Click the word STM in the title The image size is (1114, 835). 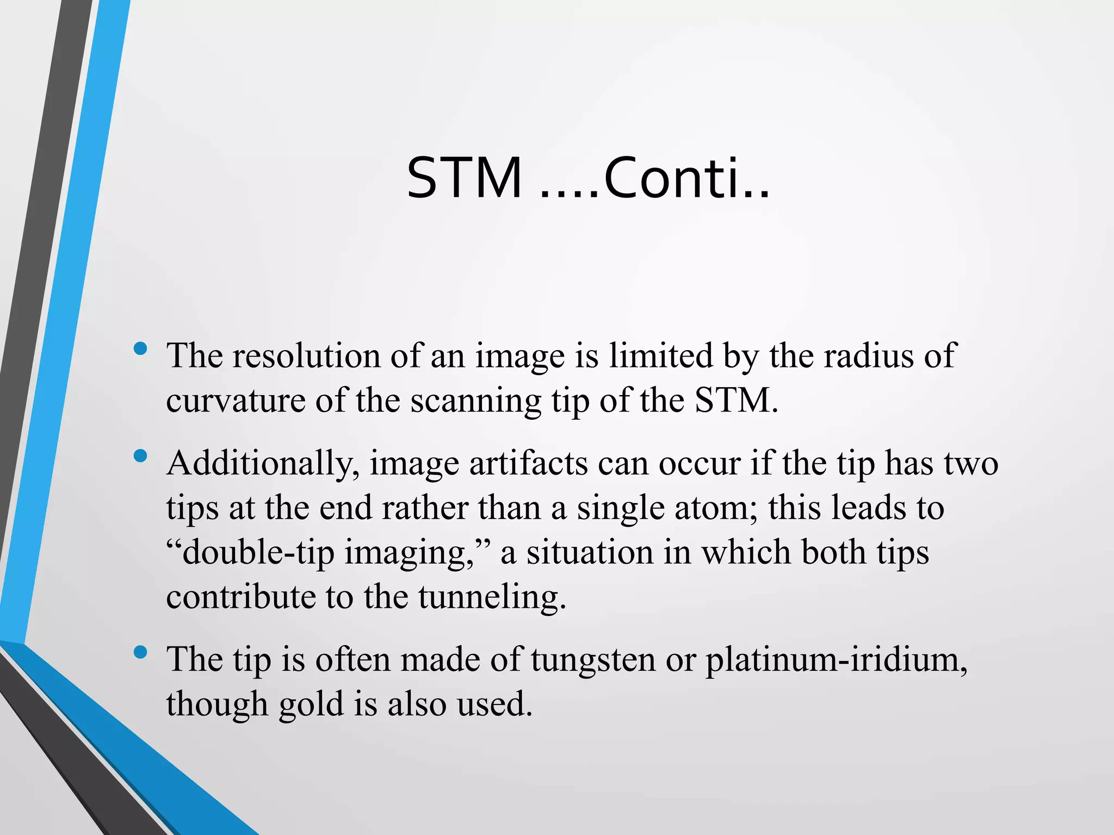click(464, 178)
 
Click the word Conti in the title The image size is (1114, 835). click(679, 178)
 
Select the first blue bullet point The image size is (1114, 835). click(140, 348)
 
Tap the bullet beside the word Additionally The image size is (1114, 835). click(140, 456)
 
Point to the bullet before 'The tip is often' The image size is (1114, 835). click(140, 652)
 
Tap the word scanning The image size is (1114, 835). click(475, 401)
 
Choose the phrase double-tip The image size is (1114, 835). click(258, 553)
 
